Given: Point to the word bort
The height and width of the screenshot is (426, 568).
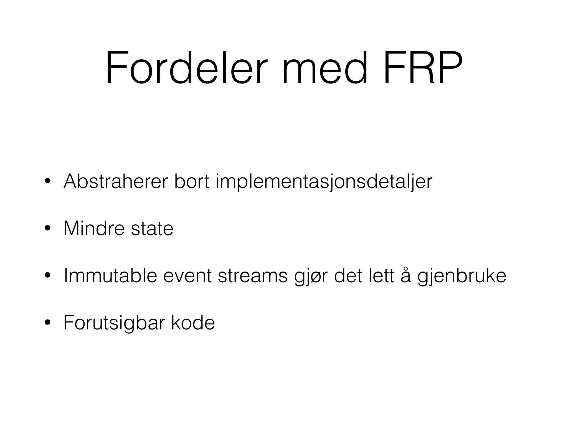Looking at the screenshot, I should [192, 181].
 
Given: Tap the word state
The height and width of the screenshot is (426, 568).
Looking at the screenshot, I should [152, 229].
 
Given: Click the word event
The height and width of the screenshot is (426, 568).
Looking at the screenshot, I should [187, 276].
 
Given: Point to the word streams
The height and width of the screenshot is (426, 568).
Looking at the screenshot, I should [253, 276].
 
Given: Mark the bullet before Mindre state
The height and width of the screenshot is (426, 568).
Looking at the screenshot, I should [47, 229].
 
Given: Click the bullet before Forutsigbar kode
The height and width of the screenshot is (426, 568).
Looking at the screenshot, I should [47, 323].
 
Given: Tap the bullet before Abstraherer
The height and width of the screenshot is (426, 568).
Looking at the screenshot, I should [47, 182].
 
